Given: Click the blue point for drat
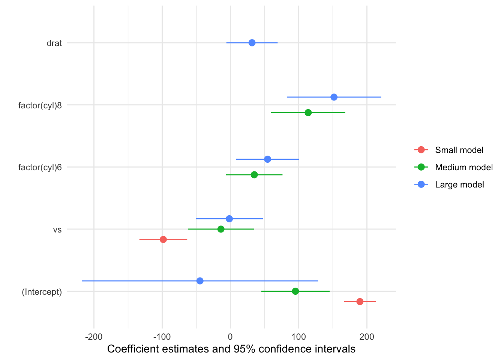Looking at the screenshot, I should pyautogui.click(x=252, y=43).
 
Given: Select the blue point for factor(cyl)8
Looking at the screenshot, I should pyautogui.click(x=334, y=97).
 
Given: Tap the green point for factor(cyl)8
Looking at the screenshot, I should pyautogui.click(x=308, y=112).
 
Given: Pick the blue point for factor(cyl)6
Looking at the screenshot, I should pyautogui.click(x=267, y=159).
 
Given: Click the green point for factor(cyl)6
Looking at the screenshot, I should pyautogui.click(x=254, y=175).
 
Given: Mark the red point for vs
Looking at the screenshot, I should pyautogui.click(x=163, y=239).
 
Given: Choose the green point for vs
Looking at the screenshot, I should pyautogui.click(x=221, y=229).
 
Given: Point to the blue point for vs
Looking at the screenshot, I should pyautogui.click(x=229, y=219).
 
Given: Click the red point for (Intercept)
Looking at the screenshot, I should pyautogui.click(x=360, y=301).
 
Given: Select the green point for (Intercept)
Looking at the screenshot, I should pyautogui.click(x=295, y=291).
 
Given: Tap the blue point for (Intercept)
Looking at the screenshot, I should pyautogui.click(x=200, y=281).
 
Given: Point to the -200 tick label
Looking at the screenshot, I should pyautogui.click(x=94, y=337).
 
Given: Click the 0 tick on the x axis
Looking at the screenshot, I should pyautogui.click(x=230, y=337).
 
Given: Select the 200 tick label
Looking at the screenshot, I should pyautogui.click(x=367, y=337).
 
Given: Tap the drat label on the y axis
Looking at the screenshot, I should pyautogui.click(x=54, y=43).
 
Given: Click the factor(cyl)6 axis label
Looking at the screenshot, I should pyautogui.click(x=40, y=167).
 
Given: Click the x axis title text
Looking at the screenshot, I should pyautogui.click(x=231, y=349).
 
